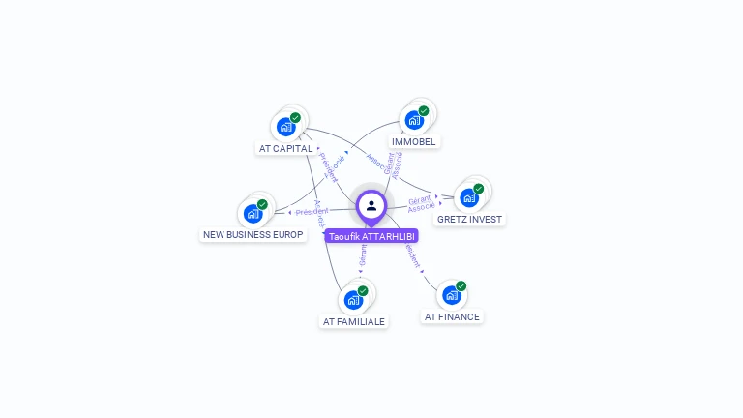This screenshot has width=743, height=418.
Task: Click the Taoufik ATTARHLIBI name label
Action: pos(371,236)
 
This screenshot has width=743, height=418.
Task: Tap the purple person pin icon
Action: pos(371,205)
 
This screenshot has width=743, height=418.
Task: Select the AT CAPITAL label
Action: pos(286,149)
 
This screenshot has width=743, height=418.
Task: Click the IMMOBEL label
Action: pos(414,141)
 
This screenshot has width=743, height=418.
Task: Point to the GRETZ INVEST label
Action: pos(469,219)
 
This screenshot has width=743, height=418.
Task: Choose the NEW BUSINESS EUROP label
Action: pos(253,235)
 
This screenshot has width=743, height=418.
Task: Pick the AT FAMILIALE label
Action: pos(353,321)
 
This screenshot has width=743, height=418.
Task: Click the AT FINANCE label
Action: pos(452,316)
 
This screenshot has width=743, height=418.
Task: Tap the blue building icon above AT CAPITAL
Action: pos(285,127)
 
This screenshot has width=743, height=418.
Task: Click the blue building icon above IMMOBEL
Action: pos(414,120)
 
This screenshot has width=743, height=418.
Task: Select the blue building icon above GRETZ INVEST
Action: pos(469,197)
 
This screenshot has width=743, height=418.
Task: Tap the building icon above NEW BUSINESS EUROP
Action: pos(253,214)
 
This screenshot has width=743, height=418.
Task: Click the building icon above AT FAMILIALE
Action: pos(353,300)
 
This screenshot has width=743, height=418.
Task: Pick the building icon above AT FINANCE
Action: pos(451,295)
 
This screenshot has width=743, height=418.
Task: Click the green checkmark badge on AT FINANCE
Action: pos(461,285)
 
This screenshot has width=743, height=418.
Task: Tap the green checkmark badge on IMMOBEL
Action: pos(424,110)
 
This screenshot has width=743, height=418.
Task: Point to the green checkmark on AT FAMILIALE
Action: pos(363,290)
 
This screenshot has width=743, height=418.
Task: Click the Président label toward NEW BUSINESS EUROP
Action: pos(312,211)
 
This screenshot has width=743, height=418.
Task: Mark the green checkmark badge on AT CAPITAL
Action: pos(295,117)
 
